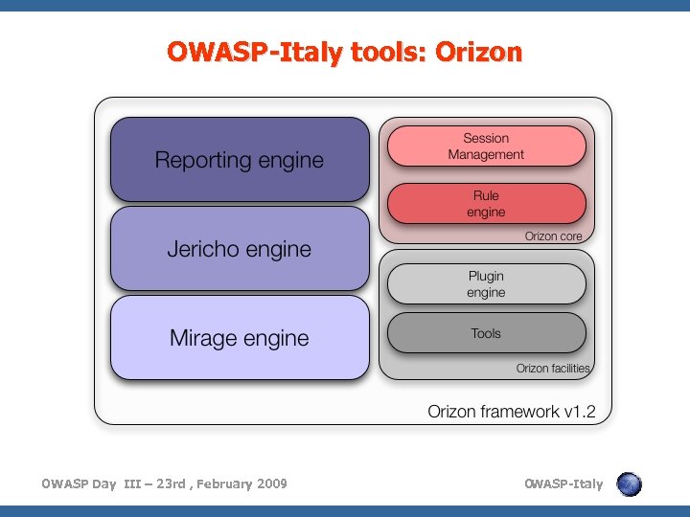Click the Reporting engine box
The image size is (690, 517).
[x=240, y=160]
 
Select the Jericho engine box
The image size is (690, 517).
[x=240, y=249]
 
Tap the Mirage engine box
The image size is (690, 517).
[x=240, y=337]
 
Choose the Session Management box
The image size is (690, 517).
[x=486, y=146]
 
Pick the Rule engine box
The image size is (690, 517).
[x=486, y=204]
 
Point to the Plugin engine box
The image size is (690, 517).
[x=486, y=284]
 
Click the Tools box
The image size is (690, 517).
[x=486, y=333]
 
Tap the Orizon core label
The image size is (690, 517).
[x=553, y=236]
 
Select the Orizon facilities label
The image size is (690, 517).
[x=553, y=369]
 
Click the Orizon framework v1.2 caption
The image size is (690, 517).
[x=511, y=412]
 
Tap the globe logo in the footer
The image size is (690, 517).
[x=629, y=484]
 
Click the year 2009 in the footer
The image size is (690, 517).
[x=270, y=483]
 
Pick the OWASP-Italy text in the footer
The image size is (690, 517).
[x=563, y=483]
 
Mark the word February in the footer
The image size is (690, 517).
[x=222, y=483]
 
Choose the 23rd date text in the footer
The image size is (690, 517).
[x=170, y=483]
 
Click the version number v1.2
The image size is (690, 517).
[x=579, y=412]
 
